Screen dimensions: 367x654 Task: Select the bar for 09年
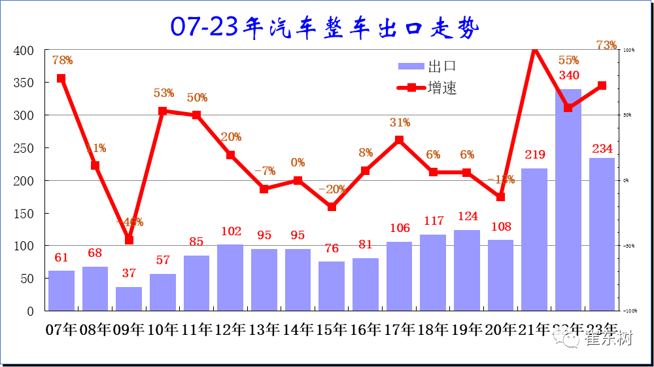click(129, 299)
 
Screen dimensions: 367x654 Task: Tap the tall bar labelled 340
click(568, 200)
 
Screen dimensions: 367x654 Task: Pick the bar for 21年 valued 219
click(534, 239)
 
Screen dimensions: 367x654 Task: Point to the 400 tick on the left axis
click(24, 50)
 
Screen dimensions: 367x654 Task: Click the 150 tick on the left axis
click(24, 214)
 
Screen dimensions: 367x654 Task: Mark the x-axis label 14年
click(298, 329)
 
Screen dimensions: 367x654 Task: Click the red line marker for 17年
click(399, 140)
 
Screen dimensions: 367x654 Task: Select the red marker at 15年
click(332, 206)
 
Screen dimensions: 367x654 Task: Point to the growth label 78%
click(62, 60)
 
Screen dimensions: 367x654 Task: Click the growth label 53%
click(163, 93)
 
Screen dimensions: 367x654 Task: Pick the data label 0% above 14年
click(298, 163)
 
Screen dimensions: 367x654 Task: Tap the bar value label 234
click(602, 149)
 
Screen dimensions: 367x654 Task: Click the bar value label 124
click(466, 216)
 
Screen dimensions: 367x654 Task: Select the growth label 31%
click(400, 123)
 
